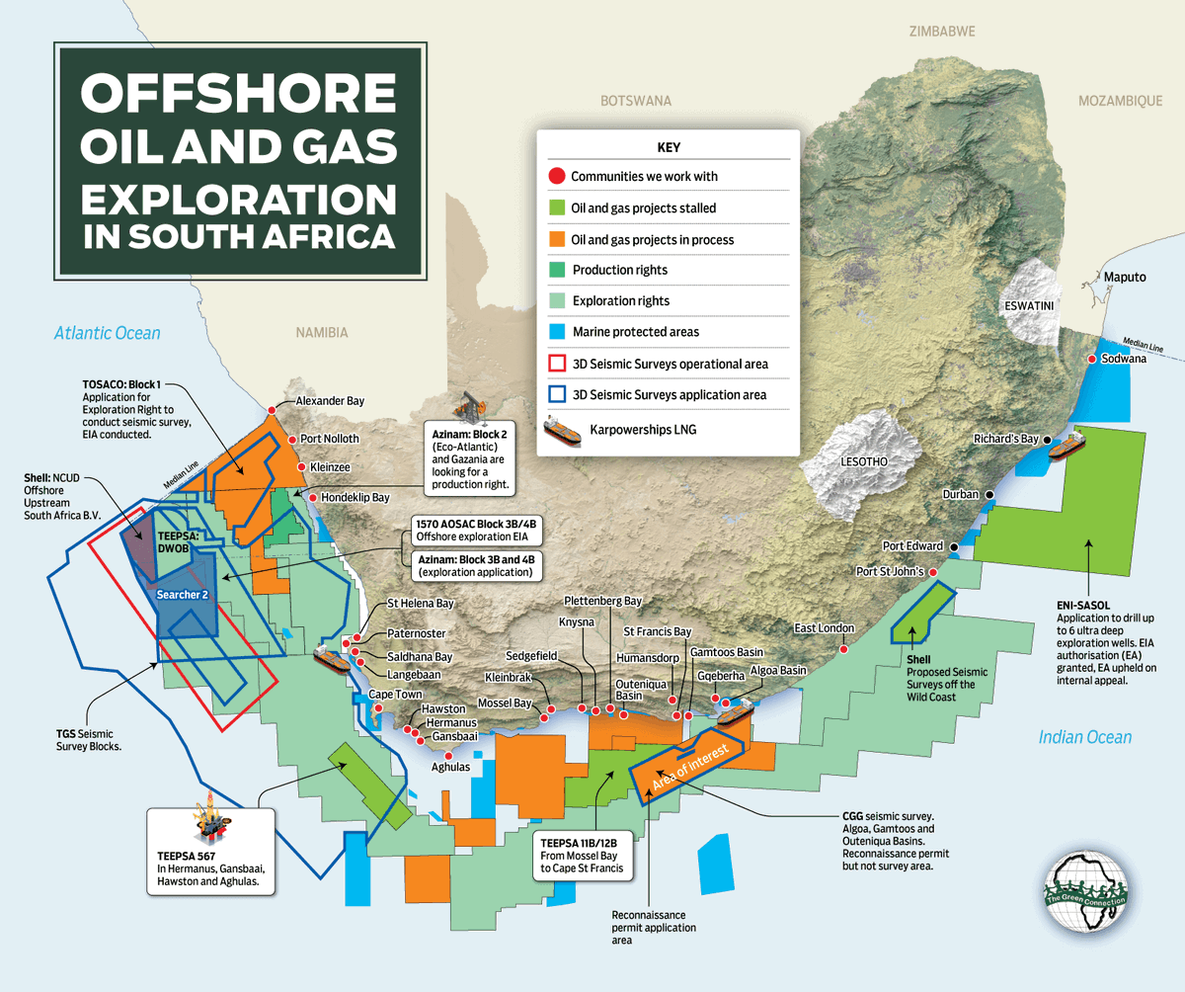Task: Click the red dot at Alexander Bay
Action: [x=272, y=410]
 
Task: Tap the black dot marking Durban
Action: [x=987, y=494]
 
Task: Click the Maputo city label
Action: [x=1124, y=277]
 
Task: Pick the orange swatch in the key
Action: [x=557, y=239]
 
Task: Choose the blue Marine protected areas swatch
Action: [x=557, y=332]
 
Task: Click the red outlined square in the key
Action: [x=557, y=364]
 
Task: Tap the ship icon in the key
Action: [x=562, y=431]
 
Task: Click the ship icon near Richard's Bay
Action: [x=1066, y=449]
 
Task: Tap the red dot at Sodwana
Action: [x=1091, y=360]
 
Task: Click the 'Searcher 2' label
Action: [x=183, y=595]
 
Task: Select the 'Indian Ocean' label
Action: [x=1084, y=737]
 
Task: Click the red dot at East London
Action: [x=843, y=649]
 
